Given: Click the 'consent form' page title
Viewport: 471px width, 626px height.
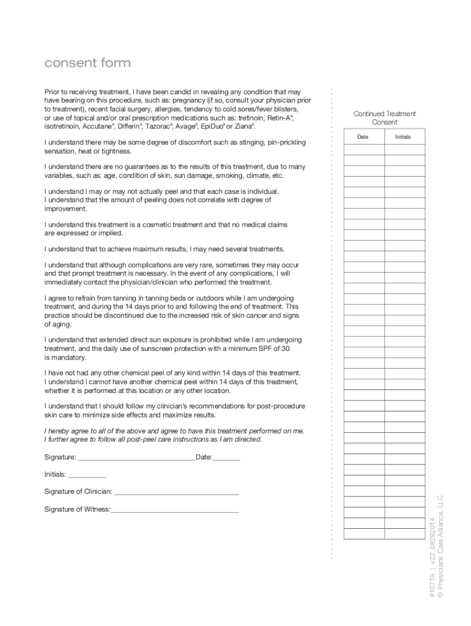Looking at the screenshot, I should [87, 64].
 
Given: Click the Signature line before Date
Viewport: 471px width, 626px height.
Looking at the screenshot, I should [136, 457].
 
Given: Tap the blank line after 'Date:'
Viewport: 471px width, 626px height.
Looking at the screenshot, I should [226, 457].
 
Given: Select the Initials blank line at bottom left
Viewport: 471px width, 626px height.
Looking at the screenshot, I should [87, 474].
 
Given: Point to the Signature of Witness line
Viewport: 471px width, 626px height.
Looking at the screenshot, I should [175, 509].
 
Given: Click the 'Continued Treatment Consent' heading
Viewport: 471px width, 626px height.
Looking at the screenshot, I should [384, 118].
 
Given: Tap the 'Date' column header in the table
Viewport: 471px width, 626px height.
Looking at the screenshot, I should [363, 137].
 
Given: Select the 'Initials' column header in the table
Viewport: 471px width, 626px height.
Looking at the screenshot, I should [403, 137].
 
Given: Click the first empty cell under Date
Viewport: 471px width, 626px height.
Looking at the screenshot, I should [363, 148].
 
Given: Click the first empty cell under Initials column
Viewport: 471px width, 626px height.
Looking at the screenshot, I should [404, 148].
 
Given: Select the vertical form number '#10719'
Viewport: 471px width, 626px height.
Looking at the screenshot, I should [432, 587].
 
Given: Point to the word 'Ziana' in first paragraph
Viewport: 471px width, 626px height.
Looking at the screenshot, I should [242, 127].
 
